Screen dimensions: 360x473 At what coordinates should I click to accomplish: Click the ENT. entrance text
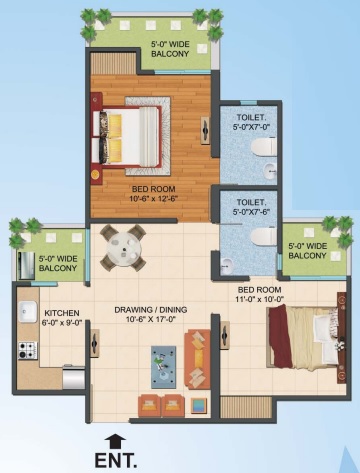click(x=116, y=460)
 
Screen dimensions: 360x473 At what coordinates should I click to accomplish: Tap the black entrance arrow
click(x=115, y=442)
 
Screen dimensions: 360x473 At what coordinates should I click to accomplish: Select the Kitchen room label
click(x=62, y=313)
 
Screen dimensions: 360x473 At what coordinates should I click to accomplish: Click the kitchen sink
click(x=28, y=312)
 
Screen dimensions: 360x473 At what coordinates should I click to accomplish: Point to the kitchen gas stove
click(x=27, y=351)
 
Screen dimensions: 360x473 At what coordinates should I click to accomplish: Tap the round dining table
click(x=124, y=248)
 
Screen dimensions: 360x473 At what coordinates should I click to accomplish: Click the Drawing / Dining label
click(x=151, y=310)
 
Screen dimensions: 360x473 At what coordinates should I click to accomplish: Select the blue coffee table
click(x=163, y=367)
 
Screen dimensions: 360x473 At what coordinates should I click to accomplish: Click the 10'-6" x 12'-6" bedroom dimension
click(x=153, y=199)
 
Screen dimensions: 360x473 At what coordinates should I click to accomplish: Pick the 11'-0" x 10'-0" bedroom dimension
click(x=259, y=299)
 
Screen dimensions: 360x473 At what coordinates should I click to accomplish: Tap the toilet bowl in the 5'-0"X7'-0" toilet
click(x=264, y=147)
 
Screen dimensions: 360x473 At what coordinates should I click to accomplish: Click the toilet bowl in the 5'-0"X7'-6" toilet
click(x=264, y=237)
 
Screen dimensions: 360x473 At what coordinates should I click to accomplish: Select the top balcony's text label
click(x=170, y=49)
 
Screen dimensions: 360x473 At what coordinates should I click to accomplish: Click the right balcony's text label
click(x=307, y=251)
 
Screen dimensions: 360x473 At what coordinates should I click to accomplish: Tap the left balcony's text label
click(x=58, y=263)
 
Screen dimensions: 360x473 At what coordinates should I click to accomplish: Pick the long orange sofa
click(x=197, y=359)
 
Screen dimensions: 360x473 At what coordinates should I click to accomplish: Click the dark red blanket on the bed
click(x=281, y=337)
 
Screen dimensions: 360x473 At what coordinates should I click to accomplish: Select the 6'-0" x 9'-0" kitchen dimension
click(x=62, y=323)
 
